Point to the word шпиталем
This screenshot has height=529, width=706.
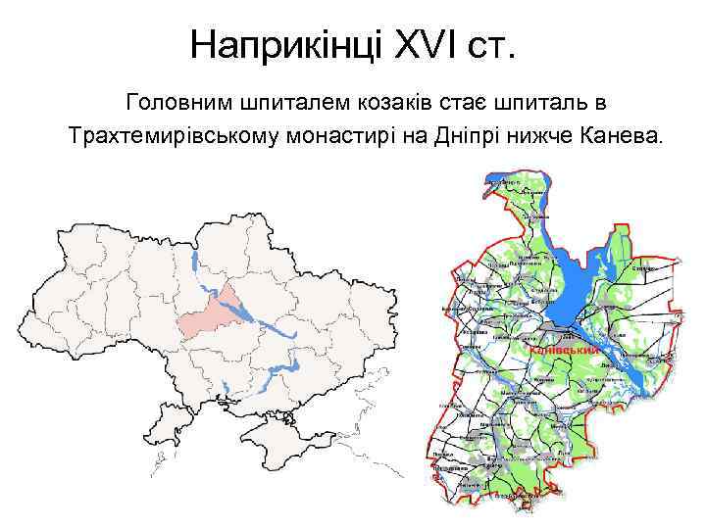(x=282, y=101)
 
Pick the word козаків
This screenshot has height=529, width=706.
(x=378, y=101)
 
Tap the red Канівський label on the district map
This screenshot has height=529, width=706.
(x=563, y=350)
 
